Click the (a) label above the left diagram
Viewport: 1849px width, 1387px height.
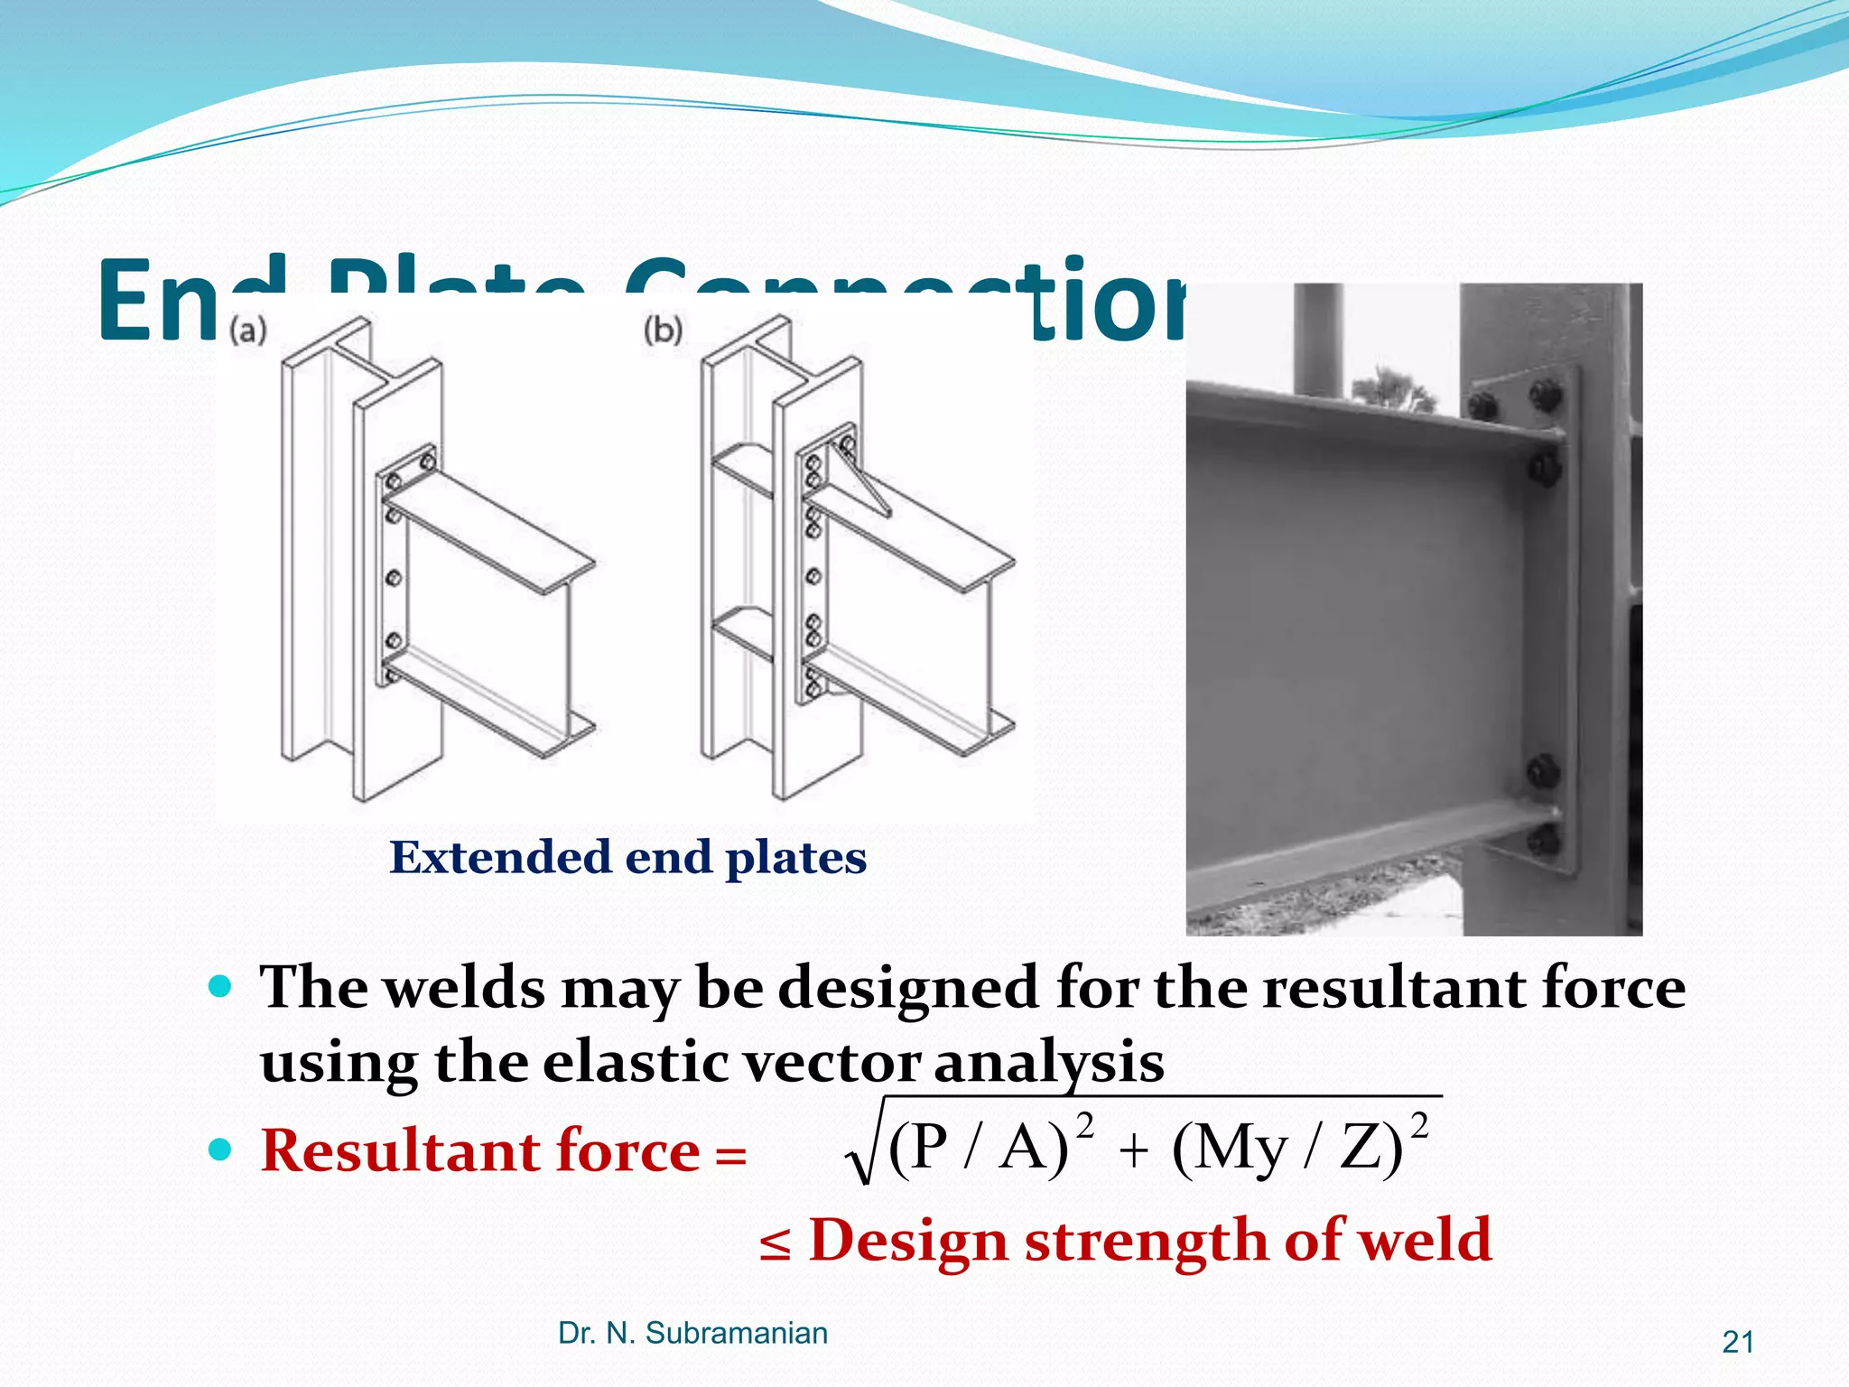(x=247, y=330)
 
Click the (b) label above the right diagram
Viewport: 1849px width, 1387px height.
(x=663, y=330)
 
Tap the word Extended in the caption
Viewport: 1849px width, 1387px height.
(x=500, y=857)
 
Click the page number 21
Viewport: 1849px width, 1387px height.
(x=1737, y=1343)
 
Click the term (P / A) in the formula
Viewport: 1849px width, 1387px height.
(x=978, y=1149)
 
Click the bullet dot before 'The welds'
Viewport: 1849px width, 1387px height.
(x=219, y=985)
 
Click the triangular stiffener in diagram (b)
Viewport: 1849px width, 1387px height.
(x=858, y=479)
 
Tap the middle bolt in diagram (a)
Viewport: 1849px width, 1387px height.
(x=394, y=577)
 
